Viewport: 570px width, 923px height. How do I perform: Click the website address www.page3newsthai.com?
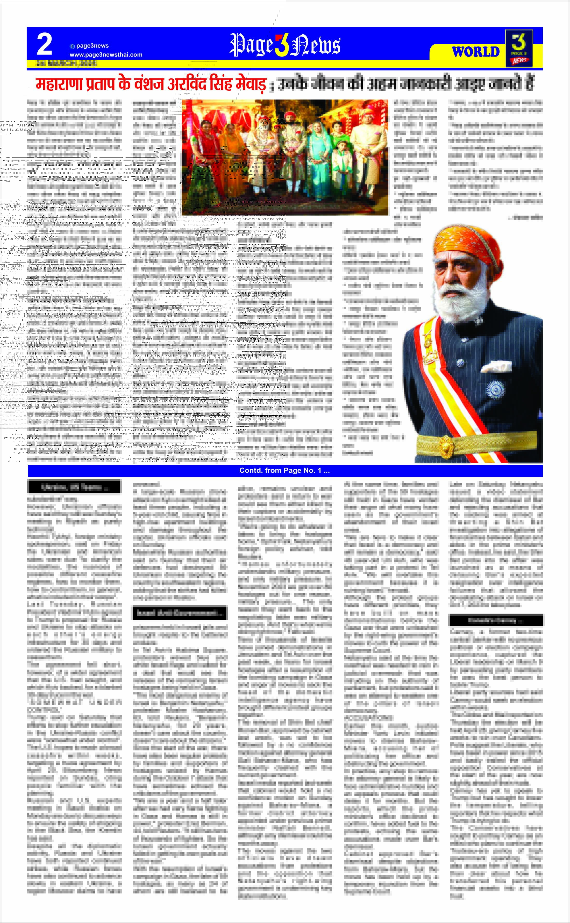[x=106, y=55]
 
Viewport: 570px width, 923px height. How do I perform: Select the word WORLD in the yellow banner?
[x=475, y=52]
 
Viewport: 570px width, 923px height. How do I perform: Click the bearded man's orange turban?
[x=467, y=245]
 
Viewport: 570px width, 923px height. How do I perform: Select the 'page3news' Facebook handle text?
[x=92, y=46]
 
